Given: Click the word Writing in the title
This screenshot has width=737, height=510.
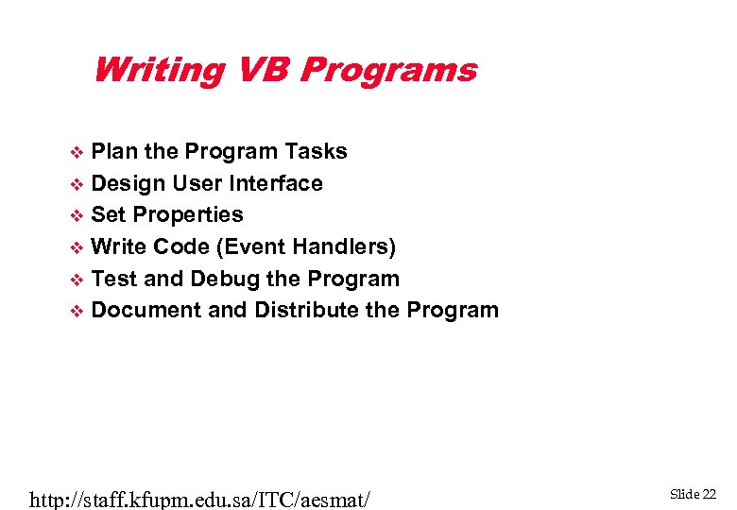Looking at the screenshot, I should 159,71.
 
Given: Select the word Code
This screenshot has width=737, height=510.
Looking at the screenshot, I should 181,246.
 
